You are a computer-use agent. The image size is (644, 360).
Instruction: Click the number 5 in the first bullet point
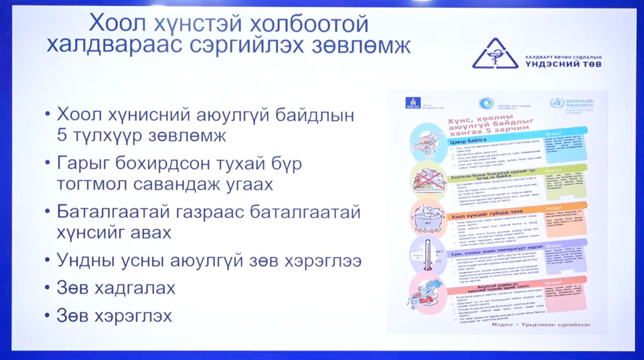[x=62, y=135]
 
